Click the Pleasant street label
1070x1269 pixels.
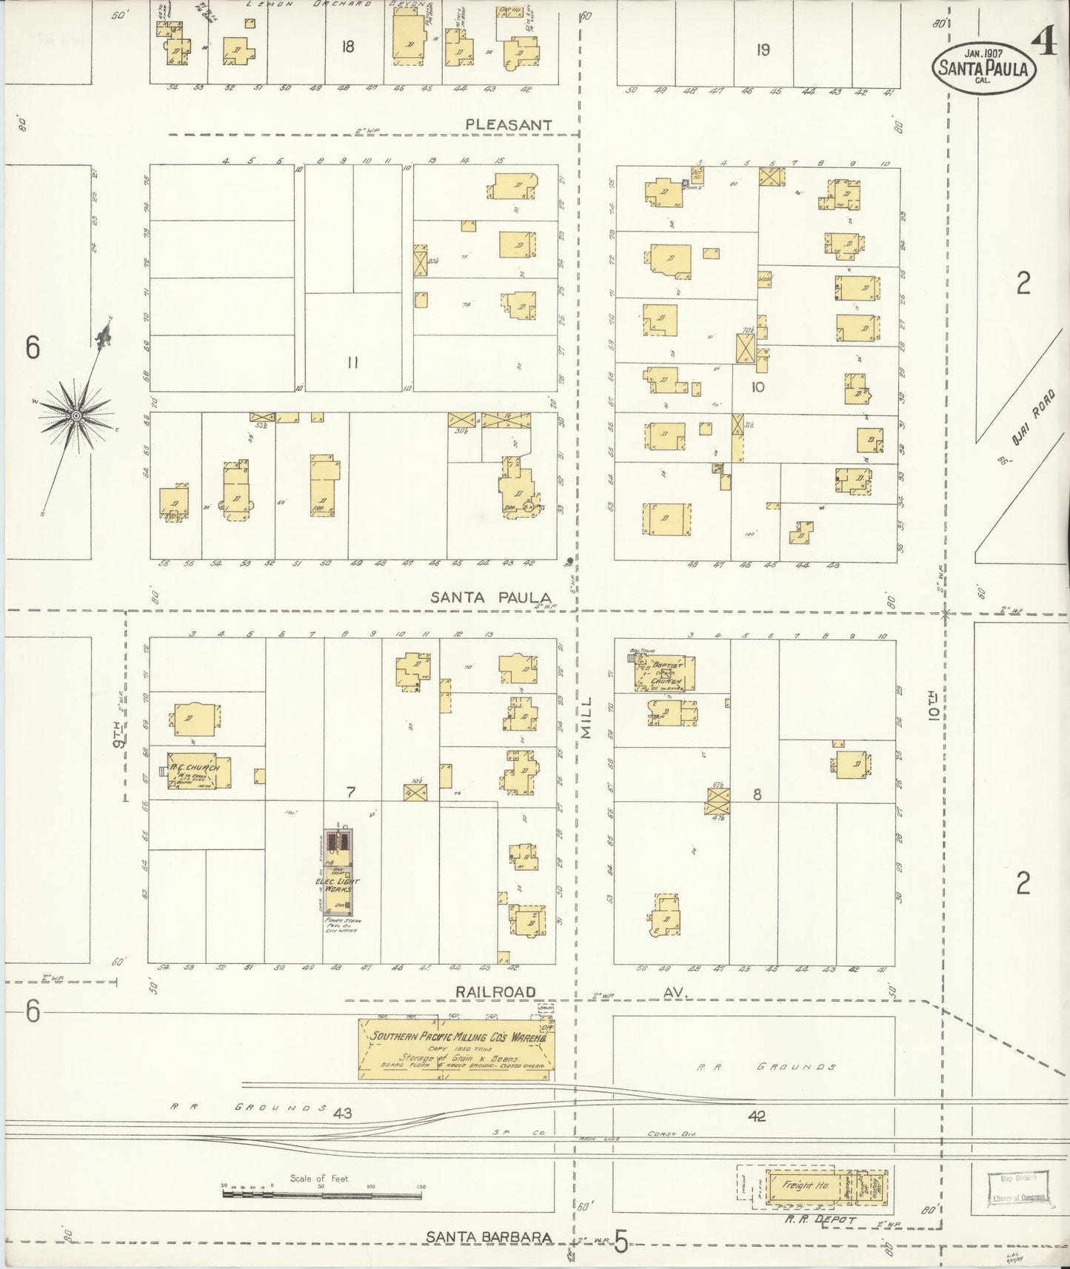coord(508,125)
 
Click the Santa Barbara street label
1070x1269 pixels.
coord(489,1236)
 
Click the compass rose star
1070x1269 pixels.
coord(76,417)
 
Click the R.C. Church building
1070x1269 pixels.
coord(195,771)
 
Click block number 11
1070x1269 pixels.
coord(352,363)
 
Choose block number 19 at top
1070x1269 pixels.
coord(763,50)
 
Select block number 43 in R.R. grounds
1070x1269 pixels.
coord(342,1113)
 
